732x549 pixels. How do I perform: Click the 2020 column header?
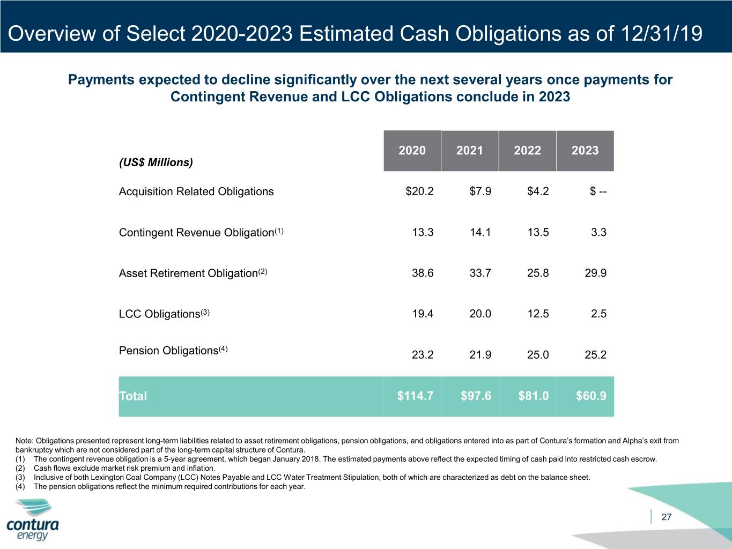click(x=412, y=151)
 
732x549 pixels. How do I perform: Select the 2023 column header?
click(x=585, y=151)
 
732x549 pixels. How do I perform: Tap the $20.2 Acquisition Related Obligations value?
click(x=419, y=191)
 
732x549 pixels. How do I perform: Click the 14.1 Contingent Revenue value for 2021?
click(x=480, y=232)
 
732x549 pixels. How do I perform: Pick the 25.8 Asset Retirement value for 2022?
click(x=538, y=273)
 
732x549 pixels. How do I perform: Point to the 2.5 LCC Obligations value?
click(x=598, y=314)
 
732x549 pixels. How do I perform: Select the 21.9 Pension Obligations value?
click(x=480, y=354)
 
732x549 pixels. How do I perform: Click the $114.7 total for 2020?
click(x=415, y=396)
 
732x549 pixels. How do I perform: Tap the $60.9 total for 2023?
click(x=591, y=396)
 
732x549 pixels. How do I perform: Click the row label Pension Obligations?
click(x=173, y=350)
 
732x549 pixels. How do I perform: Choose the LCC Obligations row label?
click(x=164, y=314)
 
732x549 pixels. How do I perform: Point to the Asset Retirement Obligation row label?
click(x=193, y=273)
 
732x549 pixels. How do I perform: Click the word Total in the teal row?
click(x=133, y=396)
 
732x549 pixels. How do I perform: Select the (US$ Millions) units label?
click(x=156, y=162)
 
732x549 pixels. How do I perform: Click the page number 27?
click(x=666, y=517)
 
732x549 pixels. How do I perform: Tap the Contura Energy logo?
click(x=33, y=520)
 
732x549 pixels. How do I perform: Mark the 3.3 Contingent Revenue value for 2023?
click(x=598, y=232)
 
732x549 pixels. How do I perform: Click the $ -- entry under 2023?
click(x=598, y=191)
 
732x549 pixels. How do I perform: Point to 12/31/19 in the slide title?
click(x=662, y=33)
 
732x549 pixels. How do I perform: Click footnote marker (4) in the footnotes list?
click(x=20, y=486)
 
